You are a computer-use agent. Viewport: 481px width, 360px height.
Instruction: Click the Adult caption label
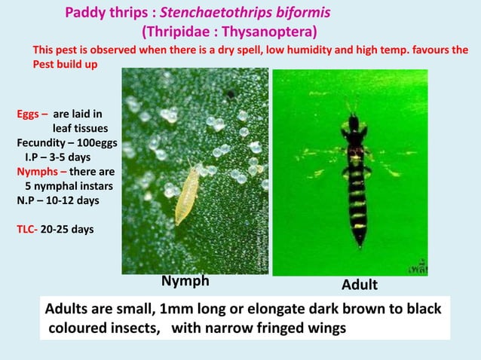coord(360,285)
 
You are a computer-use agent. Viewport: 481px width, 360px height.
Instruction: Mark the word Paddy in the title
coord(82,14)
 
